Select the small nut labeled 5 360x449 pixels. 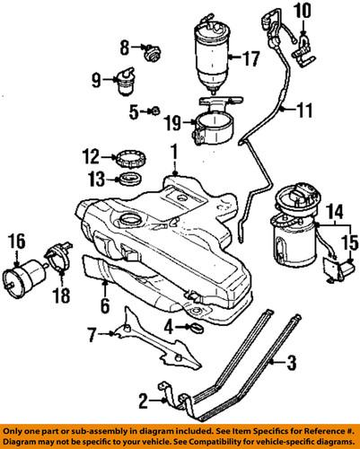click(x=154, y=110)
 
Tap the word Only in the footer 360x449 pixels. click(x=16, y=428)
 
